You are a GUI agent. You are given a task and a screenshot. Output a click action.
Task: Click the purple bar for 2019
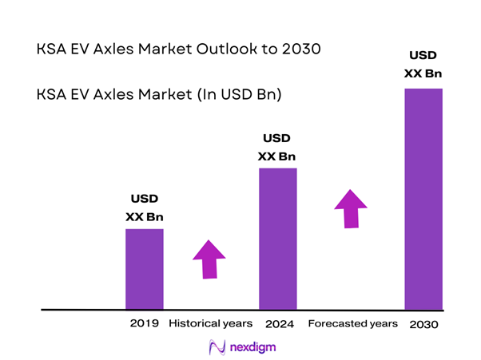[144, 268]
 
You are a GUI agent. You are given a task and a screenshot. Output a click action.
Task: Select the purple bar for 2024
[277, 238]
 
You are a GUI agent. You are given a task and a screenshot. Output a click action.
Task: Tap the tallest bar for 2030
[423, 198]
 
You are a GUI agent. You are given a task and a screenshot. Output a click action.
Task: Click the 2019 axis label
[145, 324]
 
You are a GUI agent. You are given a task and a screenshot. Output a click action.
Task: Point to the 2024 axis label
[278, 324]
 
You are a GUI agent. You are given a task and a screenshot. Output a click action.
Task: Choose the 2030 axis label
[423, 325]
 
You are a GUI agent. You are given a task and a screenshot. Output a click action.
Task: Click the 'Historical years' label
[211, 324]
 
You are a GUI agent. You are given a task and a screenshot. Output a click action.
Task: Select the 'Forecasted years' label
[352, 324]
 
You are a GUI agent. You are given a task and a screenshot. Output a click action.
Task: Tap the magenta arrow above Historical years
[209, 259]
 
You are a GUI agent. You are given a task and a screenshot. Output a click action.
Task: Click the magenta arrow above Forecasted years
[349, 208]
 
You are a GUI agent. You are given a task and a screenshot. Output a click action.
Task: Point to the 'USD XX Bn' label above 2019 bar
[145, 207]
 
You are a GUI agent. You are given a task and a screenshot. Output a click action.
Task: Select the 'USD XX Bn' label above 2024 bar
[277, 146]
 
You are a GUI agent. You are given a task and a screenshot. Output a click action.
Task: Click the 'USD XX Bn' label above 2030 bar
[423, 65]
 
